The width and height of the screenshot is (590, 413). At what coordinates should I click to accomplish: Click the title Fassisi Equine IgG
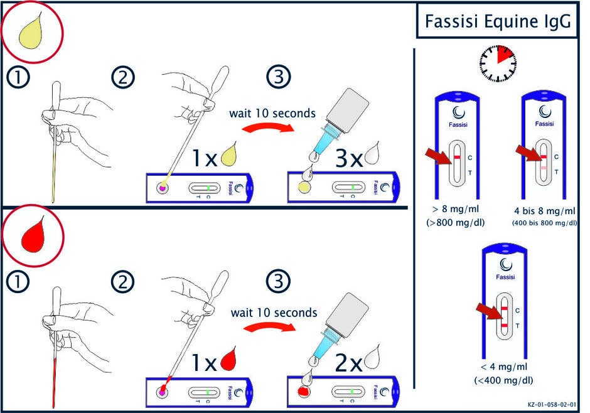coord(497,22)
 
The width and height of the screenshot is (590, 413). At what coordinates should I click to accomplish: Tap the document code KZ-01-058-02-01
coord(553,406)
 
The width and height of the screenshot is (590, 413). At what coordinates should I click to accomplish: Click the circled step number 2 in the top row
coord(123,78)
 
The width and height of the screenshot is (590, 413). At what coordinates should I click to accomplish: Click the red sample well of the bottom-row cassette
coord(305,392)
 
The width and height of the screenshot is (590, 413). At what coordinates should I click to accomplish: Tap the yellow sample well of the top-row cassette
coord(304,187)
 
